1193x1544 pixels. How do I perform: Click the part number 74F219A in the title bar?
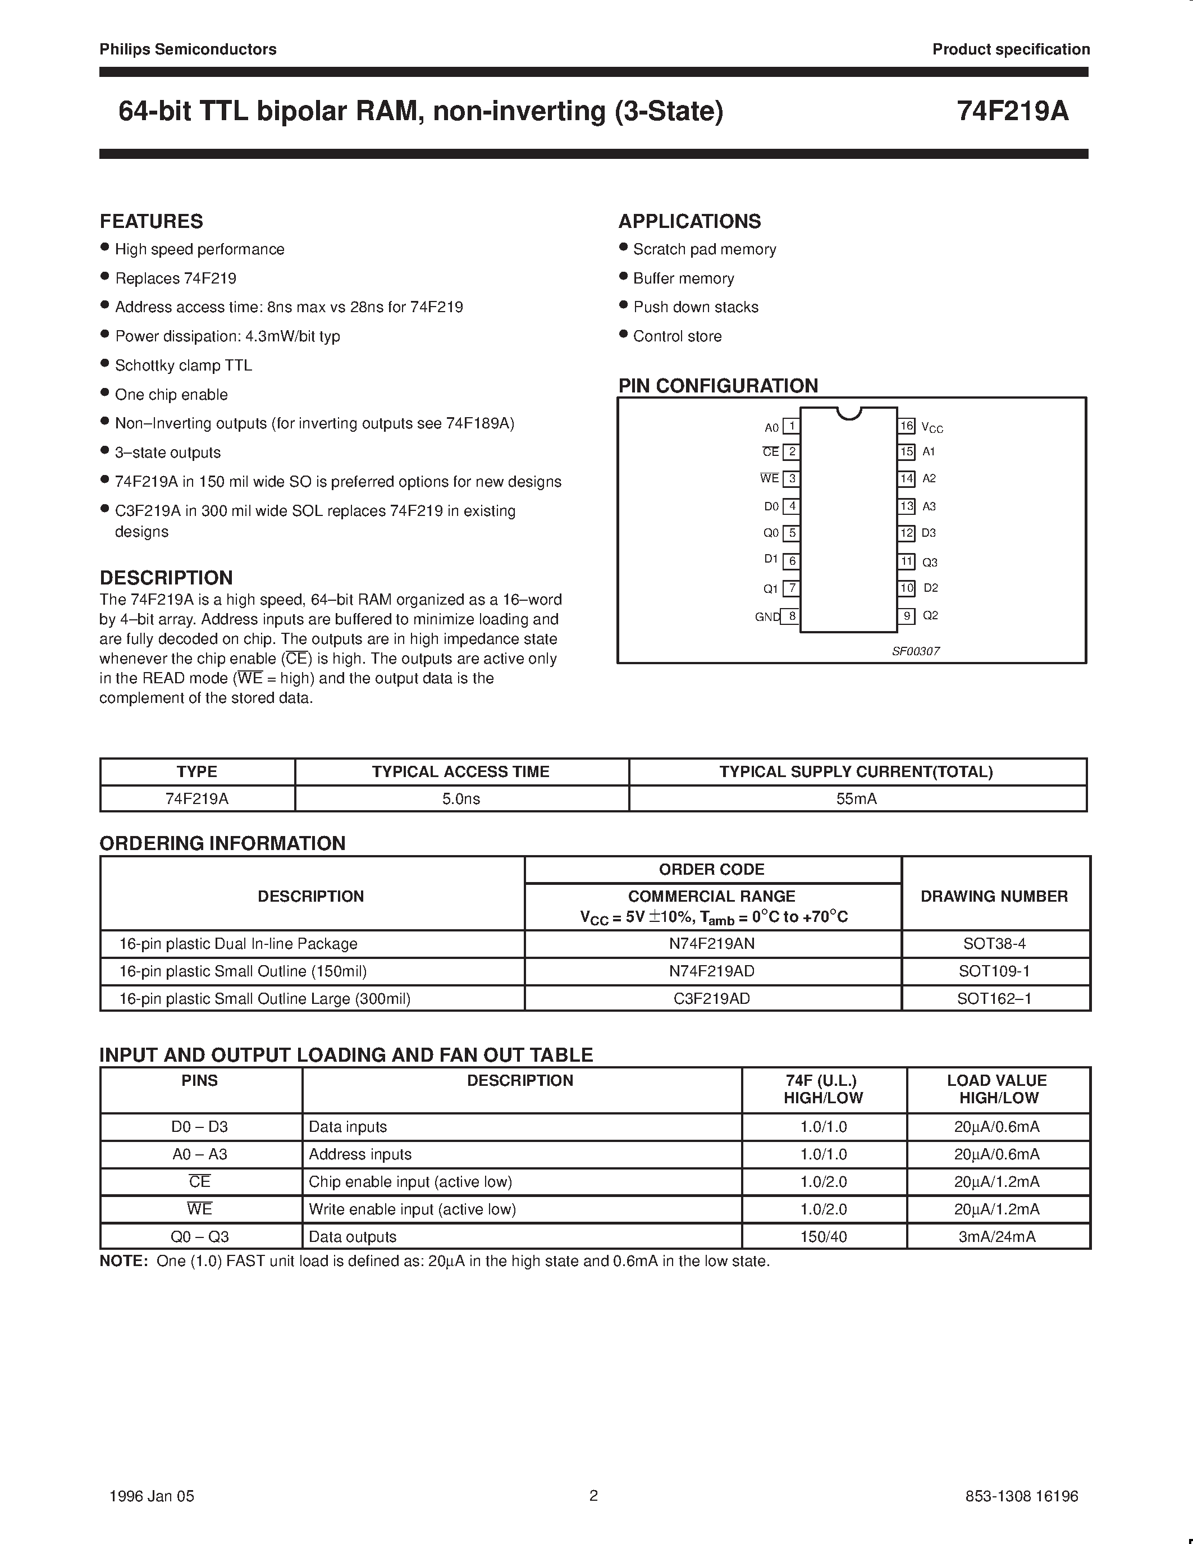point(1012,112)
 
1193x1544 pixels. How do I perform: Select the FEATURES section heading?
point(151,221)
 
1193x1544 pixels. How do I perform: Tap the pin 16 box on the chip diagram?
point(907,426)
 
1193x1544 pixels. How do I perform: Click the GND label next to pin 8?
point(766,617)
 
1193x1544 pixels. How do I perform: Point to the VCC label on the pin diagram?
point(932,428)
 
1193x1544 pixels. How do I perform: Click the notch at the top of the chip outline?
point(849,413)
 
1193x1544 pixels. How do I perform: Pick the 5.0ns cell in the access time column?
point(461,799)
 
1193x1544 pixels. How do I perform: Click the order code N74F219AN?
point(712,944)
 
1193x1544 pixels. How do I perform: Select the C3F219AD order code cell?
point(712,998)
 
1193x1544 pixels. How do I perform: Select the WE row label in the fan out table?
point(199,1209)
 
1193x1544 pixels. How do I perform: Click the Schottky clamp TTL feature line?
point(183,366)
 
